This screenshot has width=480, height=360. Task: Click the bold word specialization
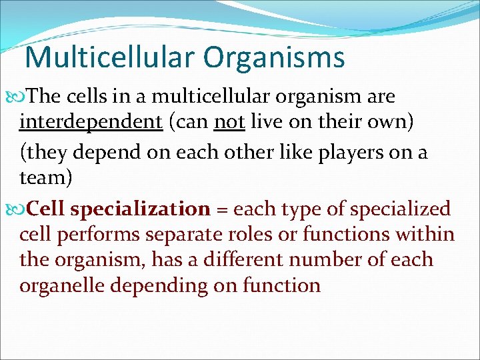pyautogui.click(x=140, y=209)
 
